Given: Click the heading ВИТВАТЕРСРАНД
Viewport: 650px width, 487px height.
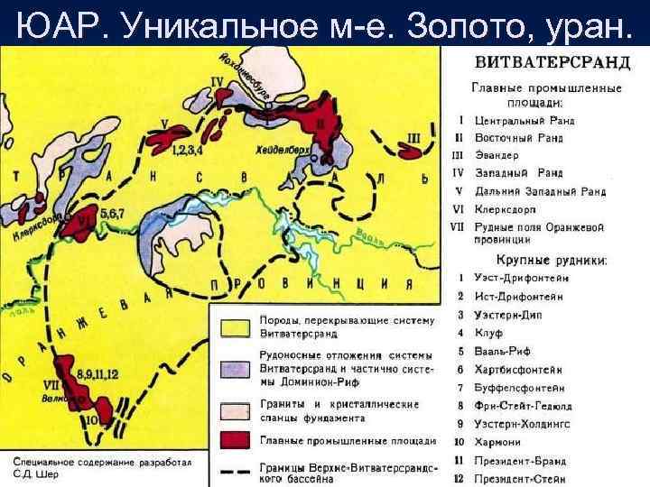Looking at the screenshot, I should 547,64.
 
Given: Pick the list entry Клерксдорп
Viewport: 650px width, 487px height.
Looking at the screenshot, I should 509,208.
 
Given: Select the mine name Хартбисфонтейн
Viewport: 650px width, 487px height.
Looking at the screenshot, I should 522,370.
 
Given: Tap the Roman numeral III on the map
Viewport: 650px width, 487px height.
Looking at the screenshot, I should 414,137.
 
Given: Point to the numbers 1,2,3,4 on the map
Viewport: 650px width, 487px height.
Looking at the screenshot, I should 187,149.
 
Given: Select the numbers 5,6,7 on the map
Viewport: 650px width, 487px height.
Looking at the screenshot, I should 114,213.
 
